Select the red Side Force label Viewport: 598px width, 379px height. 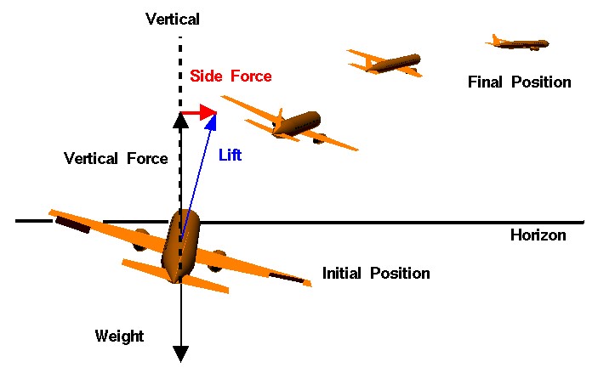[231, 76]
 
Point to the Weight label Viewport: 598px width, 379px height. [119, 337]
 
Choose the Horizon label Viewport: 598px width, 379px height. [538, 235]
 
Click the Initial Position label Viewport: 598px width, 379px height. [376, 274]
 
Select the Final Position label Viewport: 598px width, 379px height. [519, 82]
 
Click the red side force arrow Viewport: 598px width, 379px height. [197, 113]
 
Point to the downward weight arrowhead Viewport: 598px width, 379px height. [179, 353]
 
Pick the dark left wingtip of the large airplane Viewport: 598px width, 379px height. [71, 224]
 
